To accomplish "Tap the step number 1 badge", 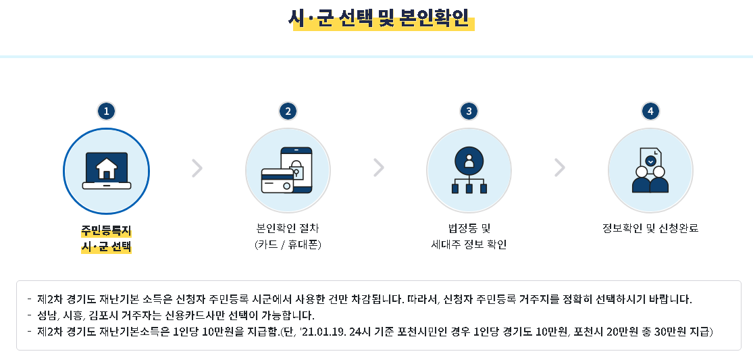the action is pos(106,111).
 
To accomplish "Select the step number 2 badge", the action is pos(288,111).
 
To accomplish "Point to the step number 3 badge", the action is pos(469,111).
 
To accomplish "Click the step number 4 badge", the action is pos(650,111).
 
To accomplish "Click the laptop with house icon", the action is pos(106,170).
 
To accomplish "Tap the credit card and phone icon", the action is pos(288,170).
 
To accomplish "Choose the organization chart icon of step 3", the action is pos(469,170).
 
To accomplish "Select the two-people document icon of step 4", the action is pos(650,170).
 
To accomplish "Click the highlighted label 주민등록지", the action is pos(106,230).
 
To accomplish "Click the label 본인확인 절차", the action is pos(288,228).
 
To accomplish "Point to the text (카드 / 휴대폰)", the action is pos(288,245).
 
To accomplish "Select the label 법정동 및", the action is pos(469,228).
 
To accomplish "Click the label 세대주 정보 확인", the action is pos(469,245).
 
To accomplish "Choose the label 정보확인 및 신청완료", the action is pos(650,228).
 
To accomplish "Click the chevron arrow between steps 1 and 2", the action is pos(197,168).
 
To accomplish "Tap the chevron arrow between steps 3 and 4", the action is pos(559,168).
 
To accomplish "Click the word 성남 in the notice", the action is pos(47,315).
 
